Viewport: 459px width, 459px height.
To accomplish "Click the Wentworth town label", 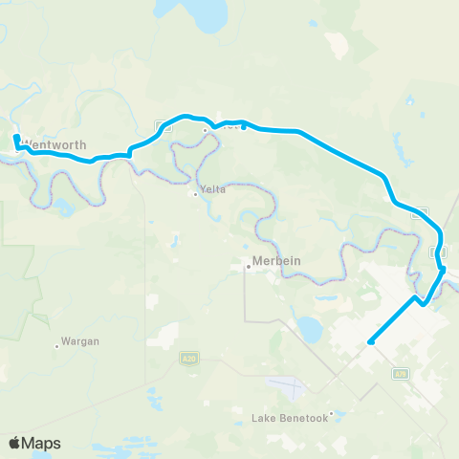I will point(58,145).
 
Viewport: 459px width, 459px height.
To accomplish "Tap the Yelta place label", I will point(213,189).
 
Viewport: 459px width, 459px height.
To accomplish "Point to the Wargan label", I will point(80,340).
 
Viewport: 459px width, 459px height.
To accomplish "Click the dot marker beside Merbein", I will point(249,267).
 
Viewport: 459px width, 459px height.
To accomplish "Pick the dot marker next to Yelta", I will point(196,194).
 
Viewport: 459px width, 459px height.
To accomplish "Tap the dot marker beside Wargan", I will point(57,346).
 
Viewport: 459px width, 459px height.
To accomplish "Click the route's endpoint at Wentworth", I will point(16,139).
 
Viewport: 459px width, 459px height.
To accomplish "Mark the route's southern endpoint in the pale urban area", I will point(369,341).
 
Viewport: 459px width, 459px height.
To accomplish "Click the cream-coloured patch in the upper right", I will point(336,44).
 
